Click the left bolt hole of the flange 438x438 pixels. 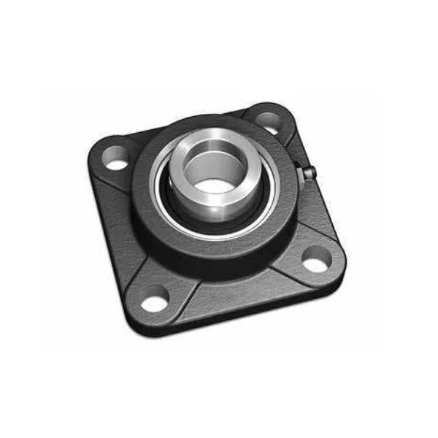pos(115,158)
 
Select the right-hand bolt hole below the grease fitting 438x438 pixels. pos(316,257)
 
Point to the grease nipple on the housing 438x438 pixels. pos(309,173)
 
